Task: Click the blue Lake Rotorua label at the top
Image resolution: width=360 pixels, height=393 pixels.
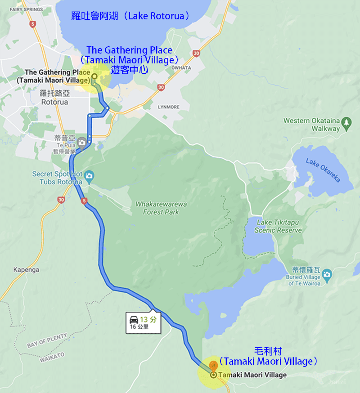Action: [x=130, y=16]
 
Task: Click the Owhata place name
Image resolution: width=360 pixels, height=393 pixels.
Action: [x=181, y=68]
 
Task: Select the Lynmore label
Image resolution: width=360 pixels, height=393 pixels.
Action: [x=169, y=107]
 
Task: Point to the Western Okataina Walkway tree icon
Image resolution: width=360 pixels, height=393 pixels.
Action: [x=346, y=122]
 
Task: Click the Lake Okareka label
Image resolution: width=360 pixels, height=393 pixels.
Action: [x=323, y=170]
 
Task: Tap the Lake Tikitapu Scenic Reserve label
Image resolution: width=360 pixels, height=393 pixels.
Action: [x=278, y=226]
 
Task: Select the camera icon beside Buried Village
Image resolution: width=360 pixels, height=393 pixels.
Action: [x=327, y=273]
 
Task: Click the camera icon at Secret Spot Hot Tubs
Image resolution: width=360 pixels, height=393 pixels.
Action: [x=89, y=175]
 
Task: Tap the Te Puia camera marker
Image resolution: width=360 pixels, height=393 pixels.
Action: [x=81, y=143]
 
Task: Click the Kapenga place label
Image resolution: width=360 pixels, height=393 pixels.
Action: [x=26, y=270]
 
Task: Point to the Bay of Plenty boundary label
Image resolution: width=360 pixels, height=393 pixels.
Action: [x=47, y=341]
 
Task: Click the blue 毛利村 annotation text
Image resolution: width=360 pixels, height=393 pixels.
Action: [x=268, y=351]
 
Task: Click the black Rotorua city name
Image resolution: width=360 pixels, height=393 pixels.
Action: [x=54, y=102]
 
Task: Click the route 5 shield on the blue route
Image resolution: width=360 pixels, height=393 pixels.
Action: [x=84, y=201]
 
